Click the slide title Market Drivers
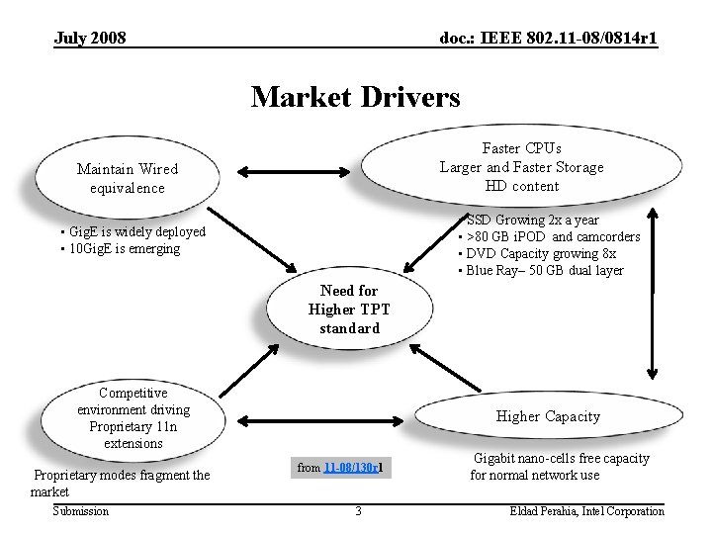(355, 97)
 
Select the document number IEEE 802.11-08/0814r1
(548, 38)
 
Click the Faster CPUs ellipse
(521, 167)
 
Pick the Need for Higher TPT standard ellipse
(349, 309)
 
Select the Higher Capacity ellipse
(547, 416)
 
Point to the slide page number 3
(358, 511)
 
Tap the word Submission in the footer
(81, 511)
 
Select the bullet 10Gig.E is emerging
(123, 249)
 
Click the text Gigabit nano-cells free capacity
(561, 459)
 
